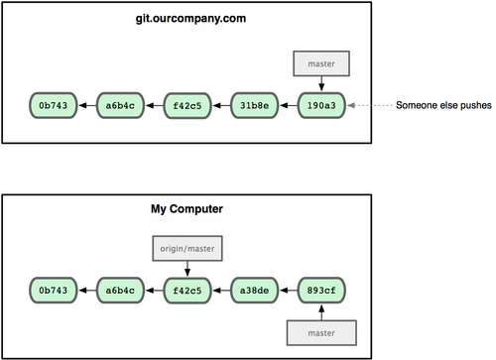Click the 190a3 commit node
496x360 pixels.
[x=321, y=105]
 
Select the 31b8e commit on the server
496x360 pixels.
[x=254, y=105]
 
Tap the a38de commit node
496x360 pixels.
[x=254, y=291]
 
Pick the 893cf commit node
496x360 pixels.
[x=321, y=291]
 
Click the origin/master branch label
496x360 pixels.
[x=187, y=248]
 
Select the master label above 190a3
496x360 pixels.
[x=321, y=63]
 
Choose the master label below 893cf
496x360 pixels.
[x=321, y=333]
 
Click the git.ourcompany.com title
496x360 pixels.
[x=190, y=19]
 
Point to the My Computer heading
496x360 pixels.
[x=186, y=209]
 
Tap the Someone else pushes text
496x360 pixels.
[x=443, y=105]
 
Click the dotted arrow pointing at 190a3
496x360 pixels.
[x=370, y=105]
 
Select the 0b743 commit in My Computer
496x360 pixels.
[x=54, y=291]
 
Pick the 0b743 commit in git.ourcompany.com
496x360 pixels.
[x=54, y=105]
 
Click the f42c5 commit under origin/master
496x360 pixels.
[x=187, y=291]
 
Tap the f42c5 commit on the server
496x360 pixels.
[x=187, y=105]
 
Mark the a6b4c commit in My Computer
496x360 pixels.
[x=120, y=291]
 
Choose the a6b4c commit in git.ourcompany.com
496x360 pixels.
[x=120, y=105]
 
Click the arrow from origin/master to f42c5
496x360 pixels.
[x=187, y=269]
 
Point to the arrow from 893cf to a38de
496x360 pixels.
[x=289, y=291]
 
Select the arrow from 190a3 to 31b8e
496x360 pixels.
[x=289, y=105]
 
